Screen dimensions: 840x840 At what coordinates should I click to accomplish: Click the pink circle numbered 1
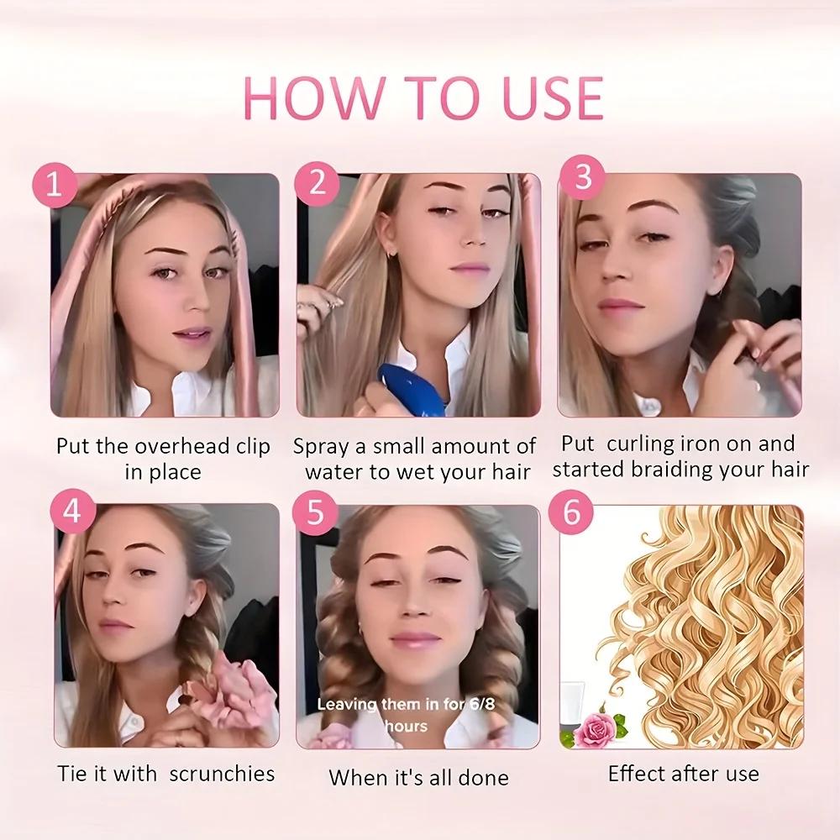[55, 185]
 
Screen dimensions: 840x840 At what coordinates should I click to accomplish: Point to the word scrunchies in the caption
[222, 773]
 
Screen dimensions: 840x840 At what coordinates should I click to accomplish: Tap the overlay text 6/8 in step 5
[476, 704]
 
